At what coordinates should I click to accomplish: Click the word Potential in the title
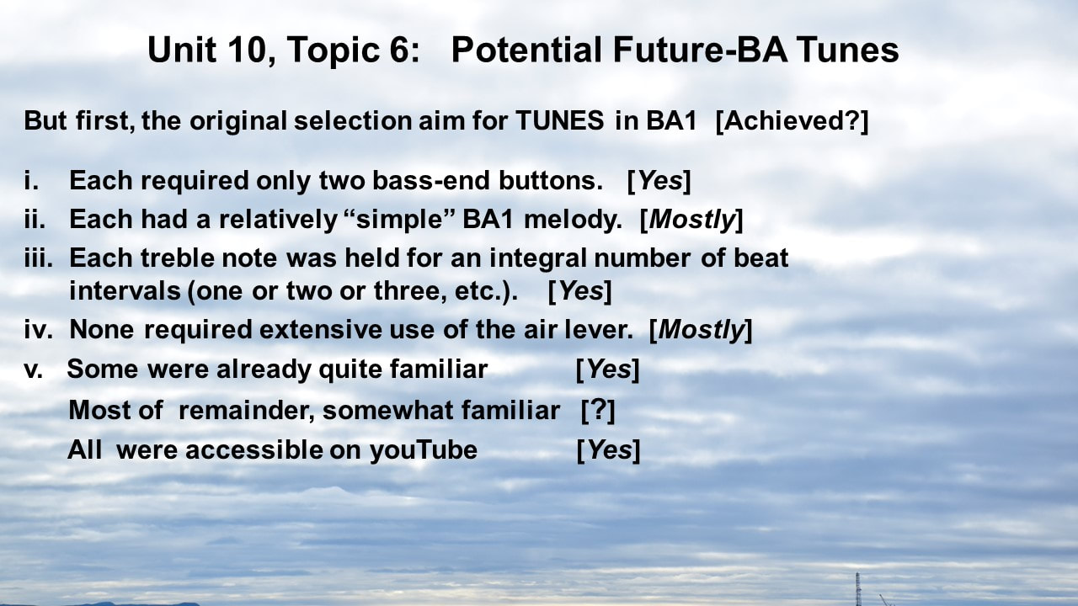(x=526, y=50)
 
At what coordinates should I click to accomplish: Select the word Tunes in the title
(x=847, y=50)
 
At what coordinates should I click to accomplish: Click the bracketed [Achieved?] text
(x=792, y=120)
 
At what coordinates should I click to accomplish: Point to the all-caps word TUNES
(x=559, y=120)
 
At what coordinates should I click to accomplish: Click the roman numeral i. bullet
(x=31, y=180)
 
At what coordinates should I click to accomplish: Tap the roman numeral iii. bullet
(x=39, y=258)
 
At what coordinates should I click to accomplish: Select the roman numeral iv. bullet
(x=39, y=329)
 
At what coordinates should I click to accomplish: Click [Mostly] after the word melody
(x=691, y=220)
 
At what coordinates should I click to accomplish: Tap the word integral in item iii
(x=538, y=258)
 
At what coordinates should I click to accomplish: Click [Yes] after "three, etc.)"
(x=580, y=291)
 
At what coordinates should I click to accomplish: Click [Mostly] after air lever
(x=701, y=330)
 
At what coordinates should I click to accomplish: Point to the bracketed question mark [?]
(x=598, y=410)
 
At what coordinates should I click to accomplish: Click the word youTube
(x=424, y=450)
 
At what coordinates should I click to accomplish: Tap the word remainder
(x=247, y=410)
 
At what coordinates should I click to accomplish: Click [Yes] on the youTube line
(x=608, y=450)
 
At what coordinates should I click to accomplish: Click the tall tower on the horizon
(x=857, y=588)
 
